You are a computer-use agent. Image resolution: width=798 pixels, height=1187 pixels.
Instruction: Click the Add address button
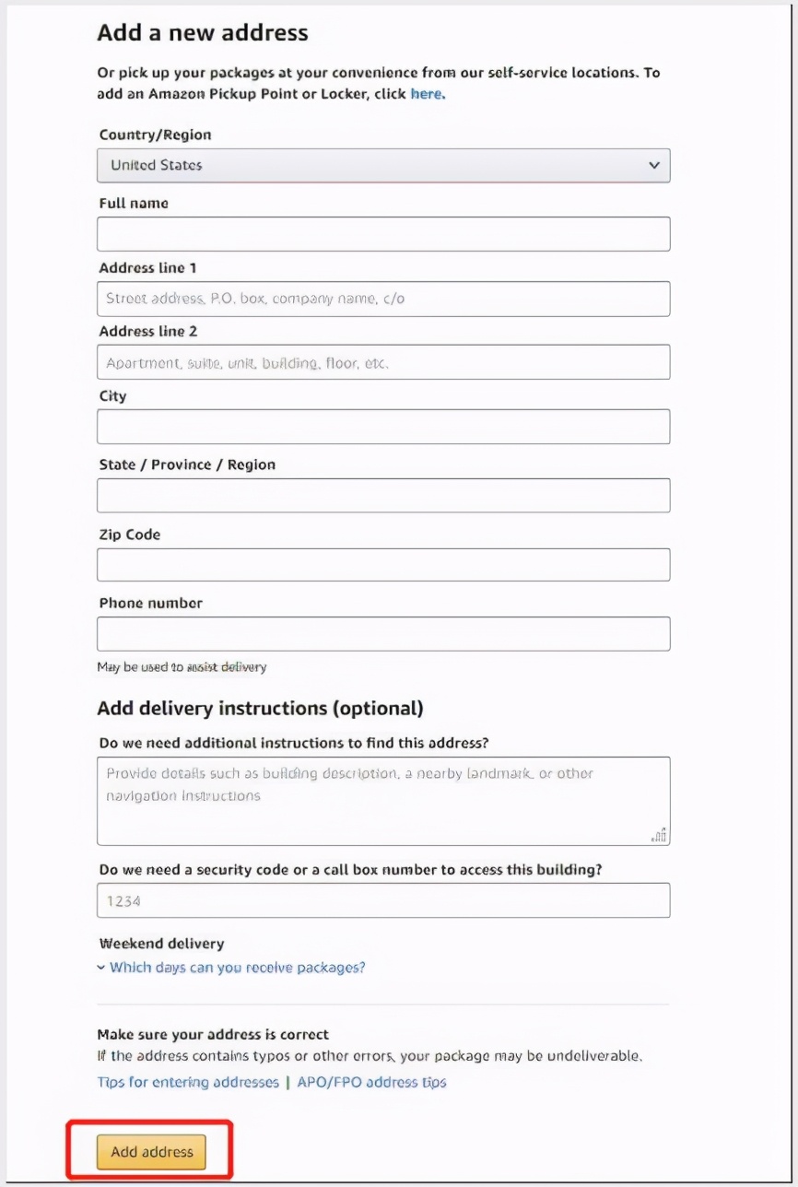(x=151, y=1152)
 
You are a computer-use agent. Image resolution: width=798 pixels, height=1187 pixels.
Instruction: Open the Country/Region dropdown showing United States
(x=383, y=166)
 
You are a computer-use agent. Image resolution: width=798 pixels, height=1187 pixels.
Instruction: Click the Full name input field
(x=383, y=234)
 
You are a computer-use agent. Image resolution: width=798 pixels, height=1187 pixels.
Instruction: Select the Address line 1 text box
(x=383, y=299)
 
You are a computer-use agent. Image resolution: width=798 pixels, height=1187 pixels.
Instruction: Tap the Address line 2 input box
(x=383, y=362)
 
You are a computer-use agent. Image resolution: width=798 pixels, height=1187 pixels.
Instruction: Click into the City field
(x=383, y=427)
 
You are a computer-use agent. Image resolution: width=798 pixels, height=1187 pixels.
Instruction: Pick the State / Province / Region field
(x=383, y=496)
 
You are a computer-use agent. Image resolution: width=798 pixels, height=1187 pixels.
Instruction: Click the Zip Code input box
(x=383, y=565)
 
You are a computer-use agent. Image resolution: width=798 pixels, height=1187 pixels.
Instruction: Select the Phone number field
(x=383, y=634)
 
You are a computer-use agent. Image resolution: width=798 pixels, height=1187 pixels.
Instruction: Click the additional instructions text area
(x=383, y=801)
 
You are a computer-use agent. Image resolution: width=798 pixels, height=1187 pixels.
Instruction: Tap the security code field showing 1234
(x=383, y=900)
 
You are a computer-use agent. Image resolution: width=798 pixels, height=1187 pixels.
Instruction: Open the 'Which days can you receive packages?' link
(x=237, y=968)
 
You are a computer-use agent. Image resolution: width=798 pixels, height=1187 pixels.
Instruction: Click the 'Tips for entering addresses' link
(x=188, y=1082)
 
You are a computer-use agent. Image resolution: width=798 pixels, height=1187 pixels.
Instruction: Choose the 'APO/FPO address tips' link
(x=371, y=1082)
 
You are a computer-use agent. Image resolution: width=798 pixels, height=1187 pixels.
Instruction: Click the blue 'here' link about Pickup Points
(x=427, y=94)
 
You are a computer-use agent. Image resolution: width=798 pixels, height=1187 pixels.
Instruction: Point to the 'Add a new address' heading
(x=203, y=33)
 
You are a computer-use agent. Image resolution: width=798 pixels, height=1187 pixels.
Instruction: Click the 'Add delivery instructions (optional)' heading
(x=260, y=709)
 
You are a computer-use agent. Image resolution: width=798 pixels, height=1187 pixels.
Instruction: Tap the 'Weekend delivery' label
(x=161, y=944)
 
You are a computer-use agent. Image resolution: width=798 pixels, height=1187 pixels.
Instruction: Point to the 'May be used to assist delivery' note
(x=182, y=666)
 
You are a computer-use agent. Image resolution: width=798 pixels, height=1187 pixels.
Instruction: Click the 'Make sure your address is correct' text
(x=213, y=1034)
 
